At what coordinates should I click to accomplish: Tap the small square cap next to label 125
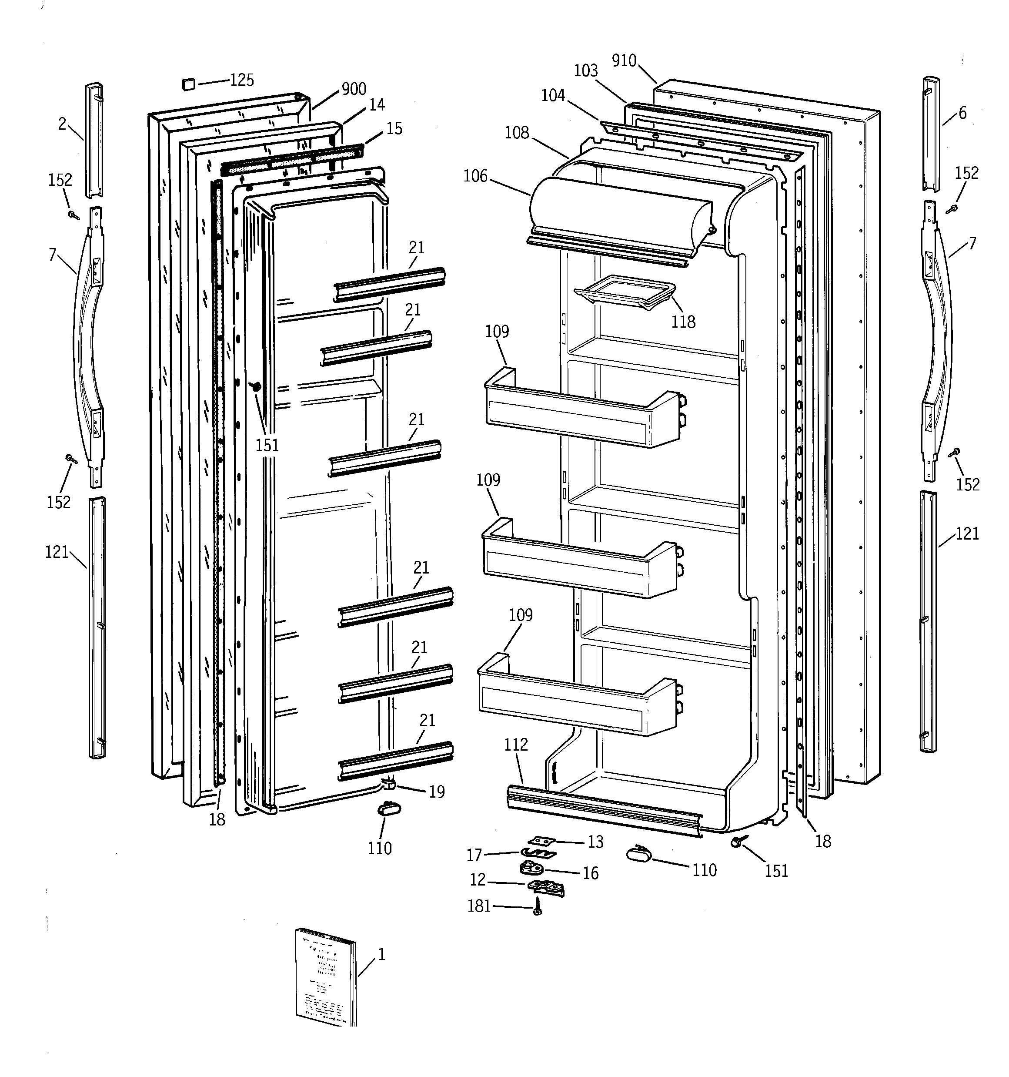pyautogui.click(x=188, y=84)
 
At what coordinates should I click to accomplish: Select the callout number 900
pyautogui.click(x=354, y=89)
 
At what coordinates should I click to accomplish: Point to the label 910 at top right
pyautogui.click(x=624, y=60)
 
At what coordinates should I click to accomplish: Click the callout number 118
pyautogui.click(x=683, y=322)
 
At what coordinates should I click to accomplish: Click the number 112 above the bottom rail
pyautogui.click(x=516, y=745)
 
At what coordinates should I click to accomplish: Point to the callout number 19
pyautogui.click(x=437, y=792)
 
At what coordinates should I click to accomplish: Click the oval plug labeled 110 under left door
pyautogui.click(x=389, y=809)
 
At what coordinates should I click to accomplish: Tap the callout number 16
pyautogui.click(x=590, y=873)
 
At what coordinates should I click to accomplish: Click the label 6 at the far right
pyautogui.click(x=962, y=113)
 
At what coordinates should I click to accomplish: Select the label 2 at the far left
pyautogui.click(x=62, y=124)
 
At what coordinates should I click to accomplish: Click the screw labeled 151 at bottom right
pyautogui.click(x=736, y=842)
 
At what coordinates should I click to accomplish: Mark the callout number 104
pyautogui.click(x=553, y=95)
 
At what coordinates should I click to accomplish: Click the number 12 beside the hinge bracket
pyautogui.click(x=477, y=880)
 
